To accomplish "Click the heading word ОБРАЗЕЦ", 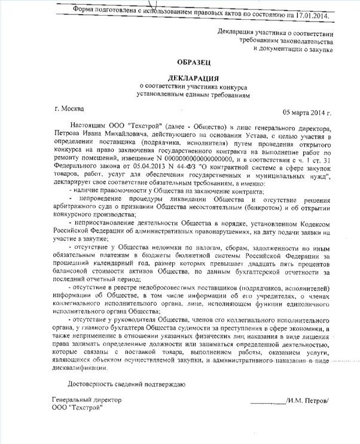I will click(193, 62).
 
